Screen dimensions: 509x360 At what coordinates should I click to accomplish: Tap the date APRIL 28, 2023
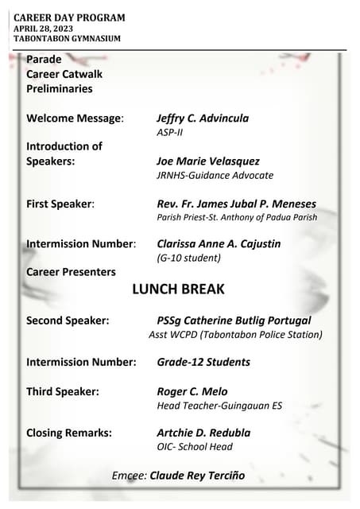click(48, 29)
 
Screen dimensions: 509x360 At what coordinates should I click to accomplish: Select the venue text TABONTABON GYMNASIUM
click(67, 38)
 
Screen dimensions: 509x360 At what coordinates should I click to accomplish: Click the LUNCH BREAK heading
click(178, 289)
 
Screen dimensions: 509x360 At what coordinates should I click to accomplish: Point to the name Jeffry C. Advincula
click(203, 119)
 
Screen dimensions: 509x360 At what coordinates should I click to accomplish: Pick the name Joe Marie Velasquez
click(208, 161)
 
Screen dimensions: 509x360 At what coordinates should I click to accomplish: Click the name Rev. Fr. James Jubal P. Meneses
click(236, 204)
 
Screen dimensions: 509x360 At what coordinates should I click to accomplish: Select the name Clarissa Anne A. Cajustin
click(219, 243)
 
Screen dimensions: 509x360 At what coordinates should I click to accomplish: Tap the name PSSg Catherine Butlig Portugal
click(234, 321)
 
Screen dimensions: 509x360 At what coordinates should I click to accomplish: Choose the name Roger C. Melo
click(192, 391)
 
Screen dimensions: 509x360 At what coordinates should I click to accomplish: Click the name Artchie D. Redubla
click(203, 433)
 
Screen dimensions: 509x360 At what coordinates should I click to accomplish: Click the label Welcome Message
click(75, 119)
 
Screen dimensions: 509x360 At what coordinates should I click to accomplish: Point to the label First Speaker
click(60, 204)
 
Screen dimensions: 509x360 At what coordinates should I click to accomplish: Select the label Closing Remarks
click(69, 433)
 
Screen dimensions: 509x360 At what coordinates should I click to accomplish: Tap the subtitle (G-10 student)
click(188, 258)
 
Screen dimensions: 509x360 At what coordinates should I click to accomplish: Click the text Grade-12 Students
click(203, 362)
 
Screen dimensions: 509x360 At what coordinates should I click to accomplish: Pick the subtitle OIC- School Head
click(195, 447)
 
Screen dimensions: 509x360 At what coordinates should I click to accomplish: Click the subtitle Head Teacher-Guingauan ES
click(219, 406)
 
